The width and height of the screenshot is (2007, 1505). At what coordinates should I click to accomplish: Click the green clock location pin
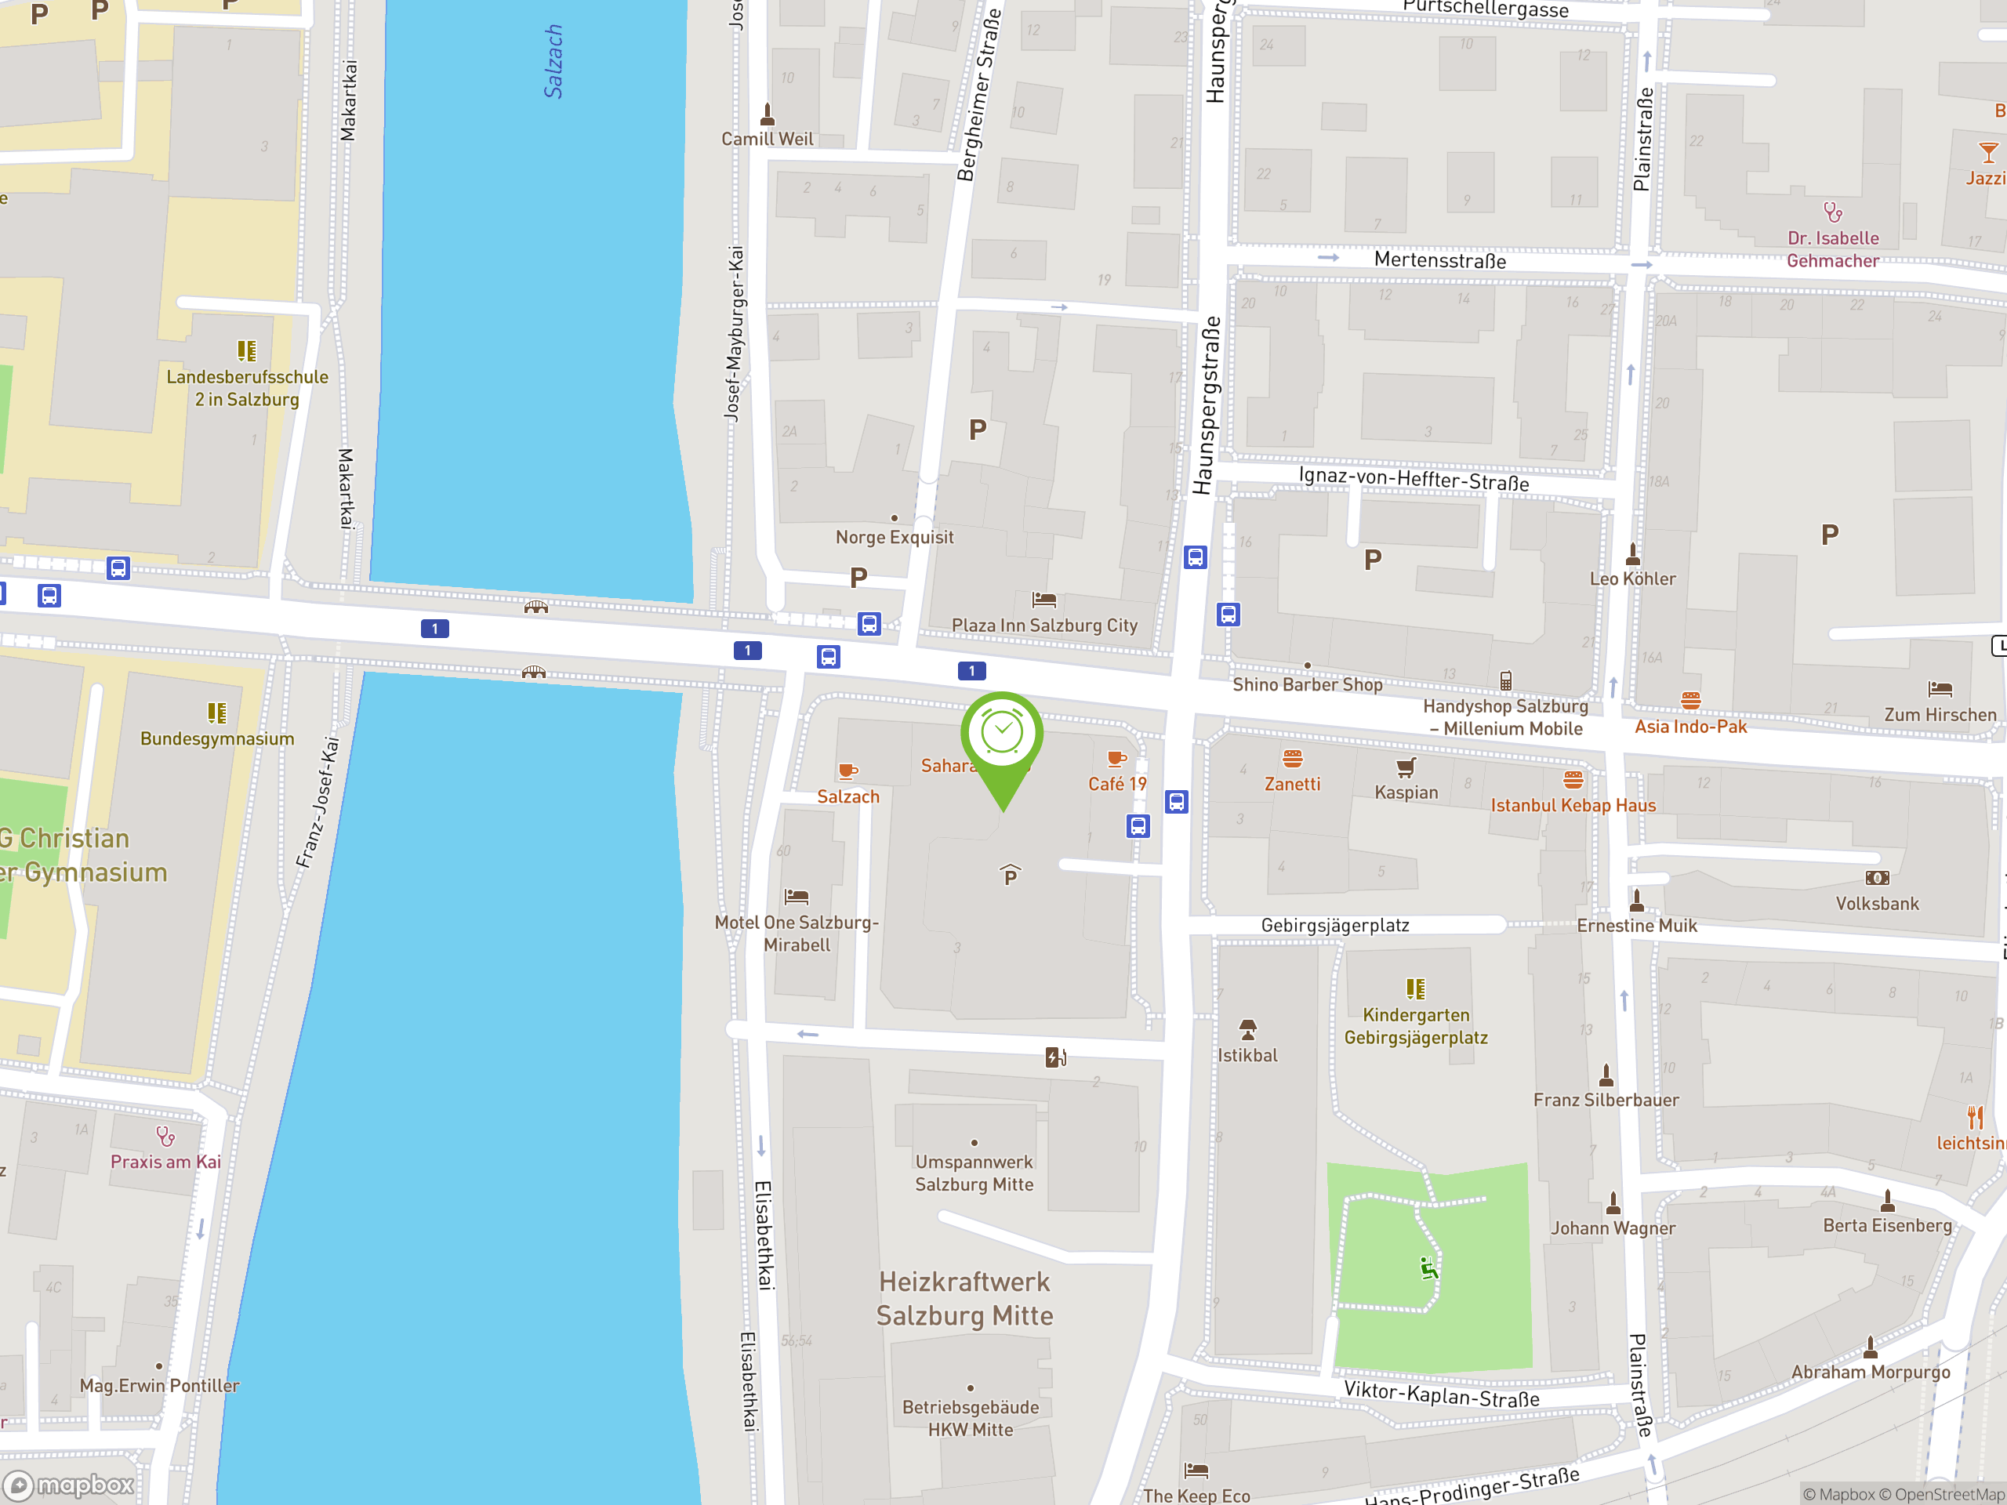(x=1002, y=734)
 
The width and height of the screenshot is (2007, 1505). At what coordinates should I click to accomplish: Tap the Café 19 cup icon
(x=1117, y=760)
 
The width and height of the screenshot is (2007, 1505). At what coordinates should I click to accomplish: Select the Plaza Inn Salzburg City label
(x=1044, y=625)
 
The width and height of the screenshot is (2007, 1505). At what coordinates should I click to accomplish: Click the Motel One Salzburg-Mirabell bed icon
(x=797, y=896)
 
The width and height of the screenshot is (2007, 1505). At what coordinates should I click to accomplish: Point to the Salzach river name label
(x=553, y=61)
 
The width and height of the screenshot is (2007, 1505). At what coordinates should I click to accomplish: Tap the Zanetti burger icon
(x=1293, y=759)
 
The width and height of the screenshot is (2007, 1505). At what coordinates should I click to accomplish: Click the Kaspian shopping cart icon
(x=1406, y=767)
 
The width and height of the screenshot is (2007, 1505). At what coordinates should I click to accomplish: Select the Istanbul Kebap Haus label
(x=1573, y=805)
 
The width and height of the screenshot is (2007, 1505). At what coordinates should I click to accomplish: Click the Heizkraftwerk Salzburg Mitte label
(x=964, y=1298)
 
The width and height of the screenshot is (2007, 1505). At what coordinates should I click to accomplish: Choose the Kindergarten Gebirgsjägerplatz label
(x=1415, y=1026)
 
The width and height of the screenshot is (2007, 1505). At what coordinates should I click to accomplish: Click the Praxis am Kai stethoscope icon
(x=165, y=1136)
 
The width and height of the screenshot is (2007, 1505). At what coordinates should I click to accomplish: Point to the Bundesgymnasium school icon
(x=217, y=713)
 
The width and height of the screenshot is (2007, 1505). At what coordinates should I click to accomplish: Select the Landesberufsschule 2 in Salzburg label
(x=247, y=387)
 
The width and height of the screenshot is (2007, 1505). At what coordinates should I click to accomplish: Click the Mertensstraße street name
(x=1440, y=260)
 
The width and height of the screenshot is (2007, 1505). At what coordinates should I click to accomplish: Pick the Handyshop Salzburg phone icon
(x=1505, y=680)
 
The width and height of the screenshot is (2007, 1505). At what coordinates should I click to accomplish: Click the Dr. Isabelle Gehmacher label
(x=1833, y=249)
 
